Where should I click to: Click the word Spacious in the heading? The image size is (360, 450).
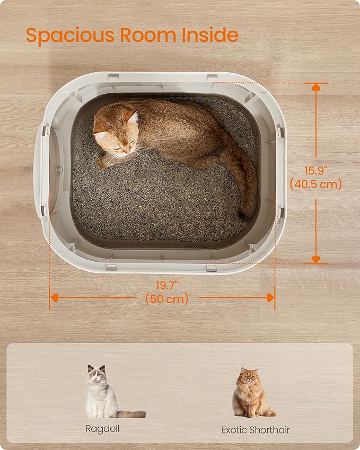pyautogui.click(x=70, y=36)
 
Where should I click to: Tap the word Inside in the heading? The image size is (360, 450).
pyautogui.click(x=210, y=35)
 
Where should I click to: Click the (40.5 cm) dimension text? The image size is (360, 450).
pyautogui.click(x=316, y=184)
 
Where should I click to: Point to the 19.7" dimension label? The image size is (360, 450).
pyautogui.click(x=167, y=286)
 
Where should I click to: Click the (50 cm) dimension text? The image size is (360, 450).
pyautogui.click(x=167, y=299)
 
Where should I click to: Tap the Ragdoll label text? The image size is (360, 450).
pyautogui.click(x=102, y=429)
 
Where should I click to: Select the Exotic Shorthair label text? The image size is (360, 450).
pyautogui.click(x=256, y=430)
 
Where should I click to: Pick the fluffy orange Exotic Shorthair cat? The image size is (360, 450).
pyautogui.click(x=252, y=392)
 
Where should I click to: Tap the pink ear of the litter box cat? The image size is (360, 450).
pyautogui.click(x=133, y=117)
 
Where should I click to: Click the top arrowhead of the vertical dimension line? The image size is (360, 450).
pyautogui.click(x=316, y=87)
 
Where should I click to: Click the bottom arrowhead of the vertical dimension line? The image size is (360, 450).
pyautogui.click(x=316, y=259)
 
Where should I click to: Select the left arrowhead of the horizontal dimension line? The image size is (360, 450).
pyautogui.click(x=54, y=297)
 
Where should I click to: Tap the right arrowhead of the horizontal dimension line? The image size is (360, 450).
pyautogui.click(x=270, y=297)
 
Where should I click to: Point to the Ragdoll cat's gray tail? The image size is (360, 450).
pyautogui.click(x=131, y=414)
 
